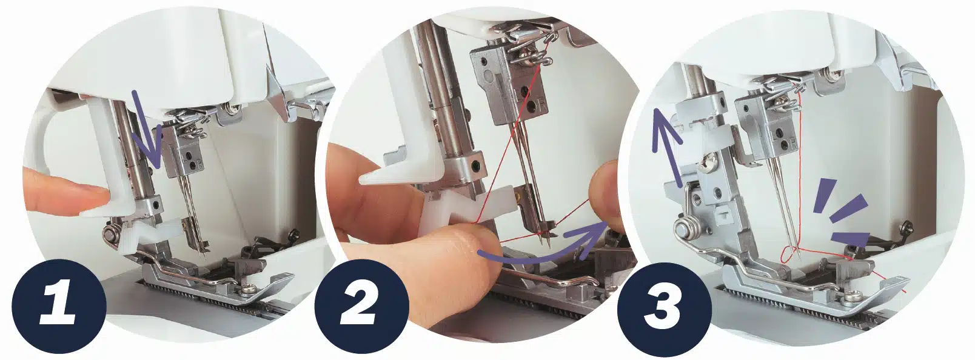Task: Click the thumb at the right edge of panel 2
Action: click(605, 196)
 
